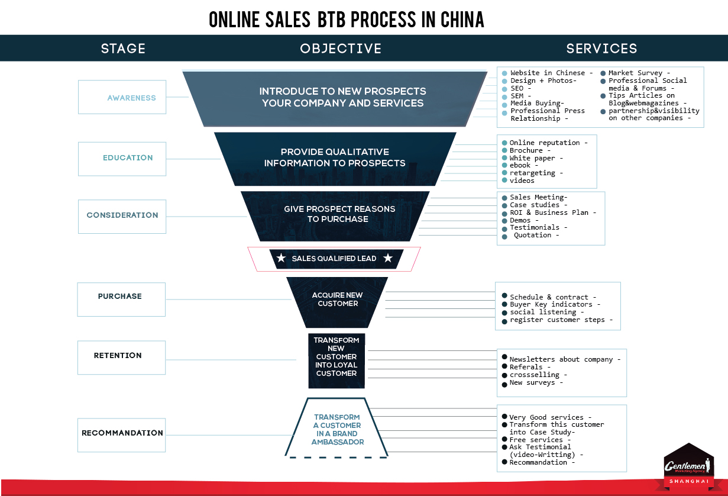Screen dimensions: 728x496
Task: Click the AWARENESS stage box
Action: pyautogui.click(x=122, y=97)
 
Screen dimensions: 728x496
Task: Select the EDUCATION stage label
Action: pyautogui.click(x=128, y=158)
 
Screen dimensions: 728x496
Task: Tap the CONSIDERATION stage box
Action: pyautogui.click(x=122, y=217)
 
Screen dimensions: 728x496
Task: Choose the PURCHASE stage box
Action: pyautogui.click(x=121, y=299)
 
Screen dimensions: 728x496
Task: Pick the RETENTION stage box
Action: pyautogui.click(x=122, y=357)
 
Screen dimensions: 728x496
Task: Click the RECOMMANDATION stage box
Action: pyautogui.click(x=122, y=435)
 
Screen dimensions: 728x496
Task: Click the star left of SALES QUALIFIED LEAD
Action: pyautogui.click(x=281, y=258)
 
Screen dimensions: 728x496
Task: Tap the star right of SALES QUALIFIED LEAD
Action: pyautogui.click(x=388, y=258)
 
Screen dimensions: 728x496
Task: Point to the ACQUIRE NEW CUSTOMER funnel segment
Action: pyautogui.click(x=337, y=302)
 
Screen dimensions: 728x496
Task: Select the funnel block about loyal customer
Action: pyautogui.click(x=337, y=360)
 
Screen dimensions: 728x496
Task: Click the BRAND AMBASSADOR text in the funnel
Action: pyautogui.click(x=337, y=437)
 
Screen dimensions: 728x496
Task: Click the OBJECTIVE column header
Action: pyautogui.click(x=341, y=49)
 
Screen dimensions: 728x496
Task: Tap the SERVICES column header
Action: pyautogui.click(x=601, y=49)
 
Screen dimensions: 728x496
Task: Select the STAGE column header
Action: pyautogui.click(x=123, y=49)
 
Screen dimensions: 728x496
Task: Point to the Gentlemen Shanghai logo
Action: pyautogui.click(x=689, y=467)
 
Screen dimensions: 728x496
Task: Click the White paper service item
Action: pyautogui.click(x=536, y=158)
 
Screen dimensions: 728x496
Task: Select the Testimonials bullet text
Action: pyautogui.click(x=539, y=227)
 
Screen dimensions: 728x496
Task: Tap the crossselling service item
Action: pyautogui.click(x=538, y=375)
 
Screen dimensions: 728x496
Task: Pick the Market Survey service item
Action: pyautogui.click(x=639, y=73)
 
